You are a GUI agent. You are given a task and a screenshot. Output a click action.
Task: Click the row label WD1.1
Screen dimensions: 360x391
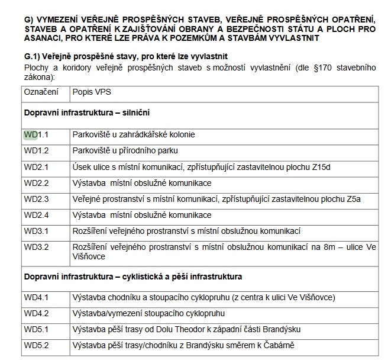click(x=36, y=135)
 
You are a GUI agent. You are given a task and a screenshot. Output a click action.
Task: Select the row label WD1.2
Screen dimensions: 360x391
click(x=36, y=151)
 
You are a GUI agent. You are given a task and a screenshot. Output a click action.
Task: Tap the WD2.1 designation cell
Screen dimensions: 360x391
click(x=36, y=167)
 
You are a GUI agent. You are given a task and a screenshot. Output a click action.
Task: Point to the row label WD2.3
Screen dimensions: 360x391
click(x=36, y=199)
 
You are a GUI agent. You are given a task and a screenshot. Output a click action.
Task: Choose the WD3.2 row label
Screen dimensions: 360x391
click(x=36, y=247)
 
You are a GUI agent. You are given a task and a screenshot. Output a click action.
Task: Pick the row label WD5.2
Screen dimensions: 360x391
click(x=36, y=345)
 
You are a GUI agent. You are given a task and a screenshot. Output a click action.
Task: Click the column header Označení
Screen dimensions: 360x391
click(x=41, y=93)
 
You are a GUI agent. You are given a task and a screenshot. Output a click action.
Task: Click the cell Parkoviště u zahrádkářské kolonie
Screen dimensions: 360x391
click(x=133, y=135)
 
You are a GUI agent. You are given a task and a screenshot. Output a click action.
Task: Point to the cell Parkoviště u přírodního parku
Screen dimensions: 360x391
click(x=125, y=151)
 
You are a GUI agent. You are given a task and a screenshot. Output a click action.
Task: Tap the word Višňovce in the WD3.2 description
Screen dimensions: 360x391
click(x=89, y=256)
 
